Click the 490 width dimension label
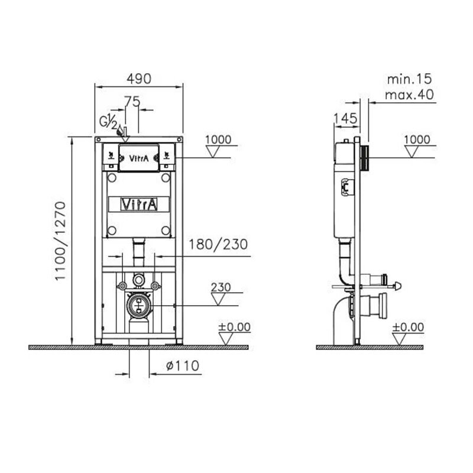click(139, 79)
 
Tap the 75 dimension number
click(132, 101)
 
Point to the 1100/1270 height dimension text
click(60, 241)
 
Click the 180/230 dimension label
click(218, 244)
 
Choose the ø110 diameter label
click(183, 365)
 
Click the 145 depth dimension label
click(346, 119)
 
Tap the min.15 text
click(409, 79)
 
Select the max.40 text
click(409, 95)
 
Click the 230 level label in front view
click(221, 287)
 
